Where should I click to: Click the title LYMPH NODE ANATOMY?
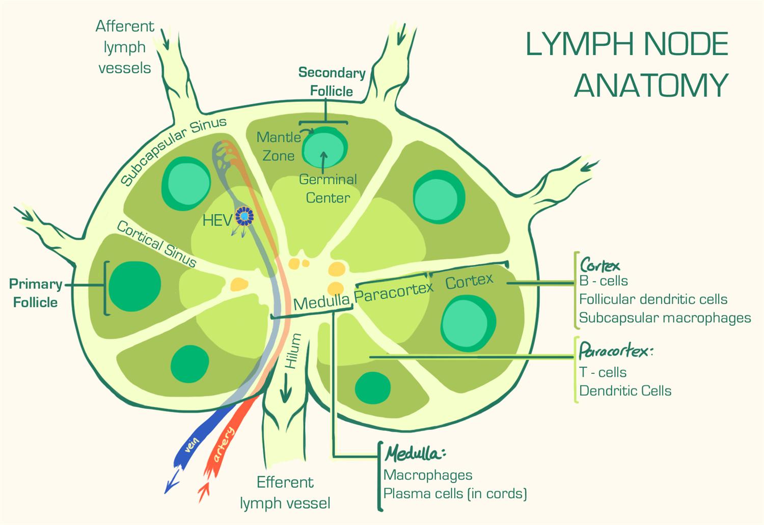627,64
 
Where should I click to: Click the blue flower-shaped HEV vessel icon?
244,216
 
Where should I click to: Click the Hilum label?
293,351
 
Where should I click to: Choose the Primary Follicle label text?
36,293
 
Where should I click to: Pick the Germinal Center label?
328,188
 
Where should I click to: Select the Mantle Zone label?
279,146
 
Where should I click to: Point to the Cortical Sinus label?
156,244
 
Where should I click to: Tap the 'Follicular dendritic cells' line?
653,299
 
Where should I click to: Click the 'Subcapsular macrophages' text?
665,318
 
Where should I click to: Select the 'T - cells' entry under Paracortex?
603,372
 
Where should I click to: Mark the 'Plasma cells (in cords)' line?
455,493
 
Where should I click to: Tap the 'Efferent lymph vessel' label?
285,492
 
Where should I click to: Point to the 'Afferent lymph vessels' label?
125,47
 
